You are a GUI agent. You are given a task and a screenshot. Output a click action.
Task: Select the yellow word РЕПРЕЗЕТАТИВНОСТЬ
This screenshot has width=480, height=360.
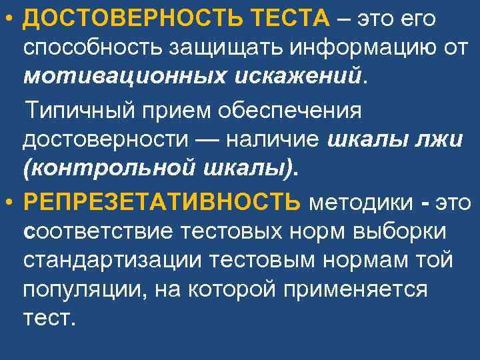point(162,201)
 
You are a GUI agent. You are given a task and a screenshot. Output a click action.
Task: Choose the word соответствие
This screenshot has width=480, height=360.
point(97,231)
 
